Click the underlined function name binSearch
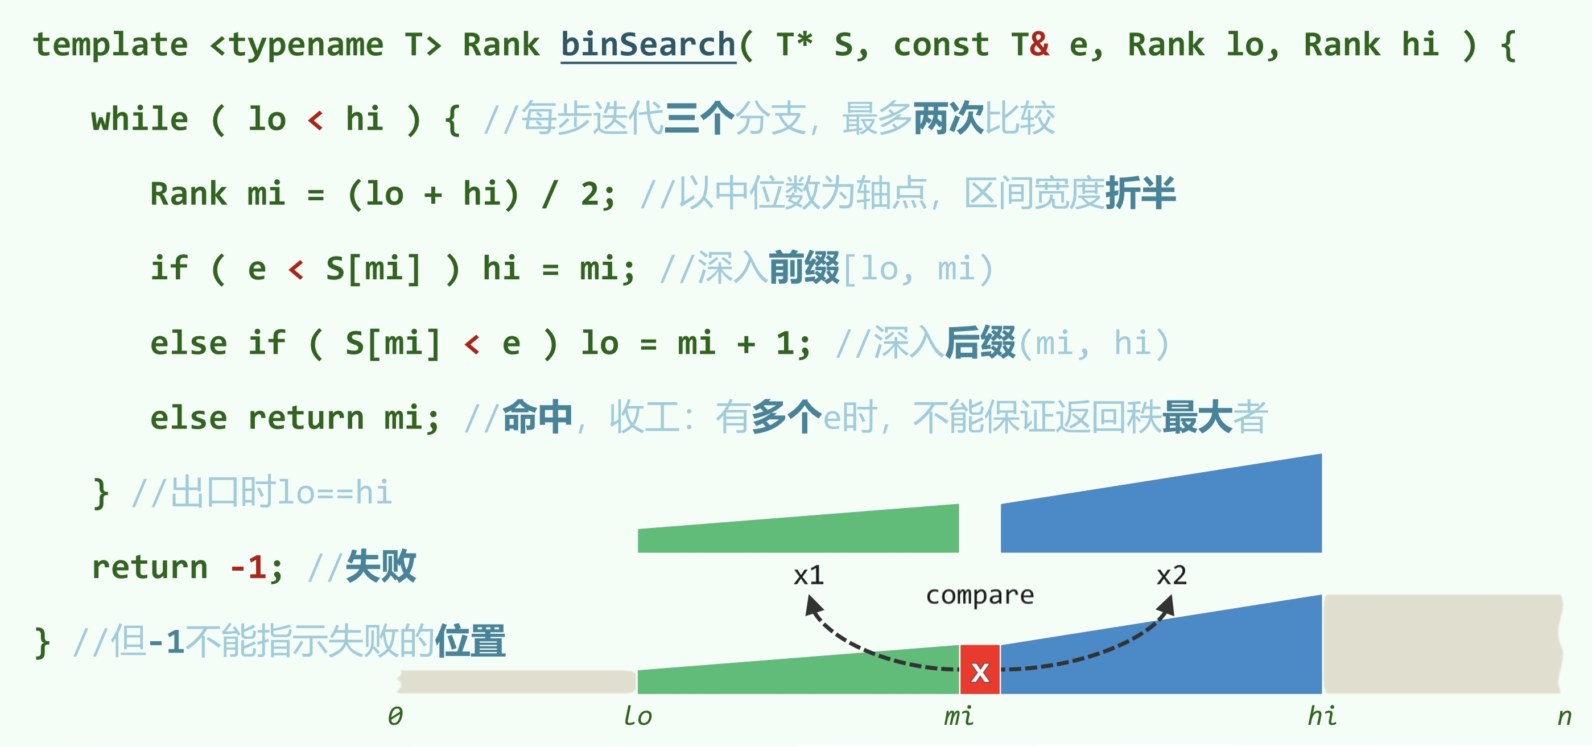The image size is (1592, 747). coord(647,45)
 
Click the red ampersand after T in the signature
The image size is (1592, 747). coord(1040,45)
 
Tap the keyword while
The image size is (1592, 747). coord(139,119)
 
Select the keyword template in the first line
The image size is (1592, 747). coord(110,45)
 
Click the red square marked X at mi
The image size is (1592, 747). coord(980,670)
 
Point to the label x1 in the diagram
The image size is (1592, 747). coord(809,576)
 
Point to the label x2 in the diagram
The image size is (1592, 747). coord(1171,576)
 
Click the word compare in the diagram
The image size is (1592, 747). coord(980,596)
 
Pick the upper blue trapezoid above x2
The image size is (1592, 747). coord(1162,513)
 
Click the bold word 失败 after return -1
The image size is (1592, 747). coord(381,567)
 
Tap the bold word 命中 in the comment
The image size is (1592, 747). coord(537,418)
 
